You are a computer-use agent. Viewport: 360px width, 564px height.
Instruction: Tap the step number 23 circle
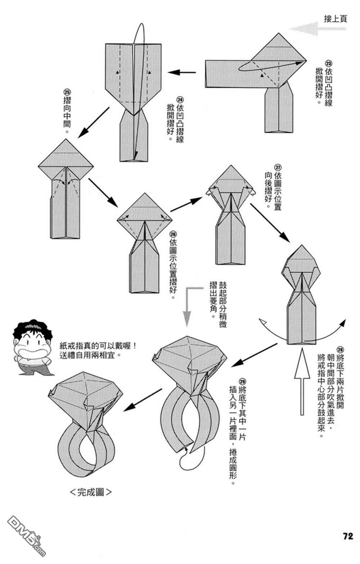[x=328, y=62]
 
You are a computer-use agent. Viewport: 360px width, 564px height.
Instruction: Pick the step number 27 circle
[x=278, y=167]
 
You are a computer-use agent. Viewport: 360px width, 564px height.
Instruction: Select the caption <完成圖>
[x=90, y=492]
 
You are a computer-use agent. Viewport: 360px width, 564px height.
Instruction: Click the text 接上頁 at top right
[x=335, y=19]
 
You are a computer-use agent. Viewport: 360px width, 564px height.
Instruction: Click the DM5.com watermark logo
[x=25, y=536]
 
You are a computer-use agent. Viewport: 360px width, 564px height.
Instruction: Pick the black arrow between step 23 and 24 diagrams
[x=182, y=72]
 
